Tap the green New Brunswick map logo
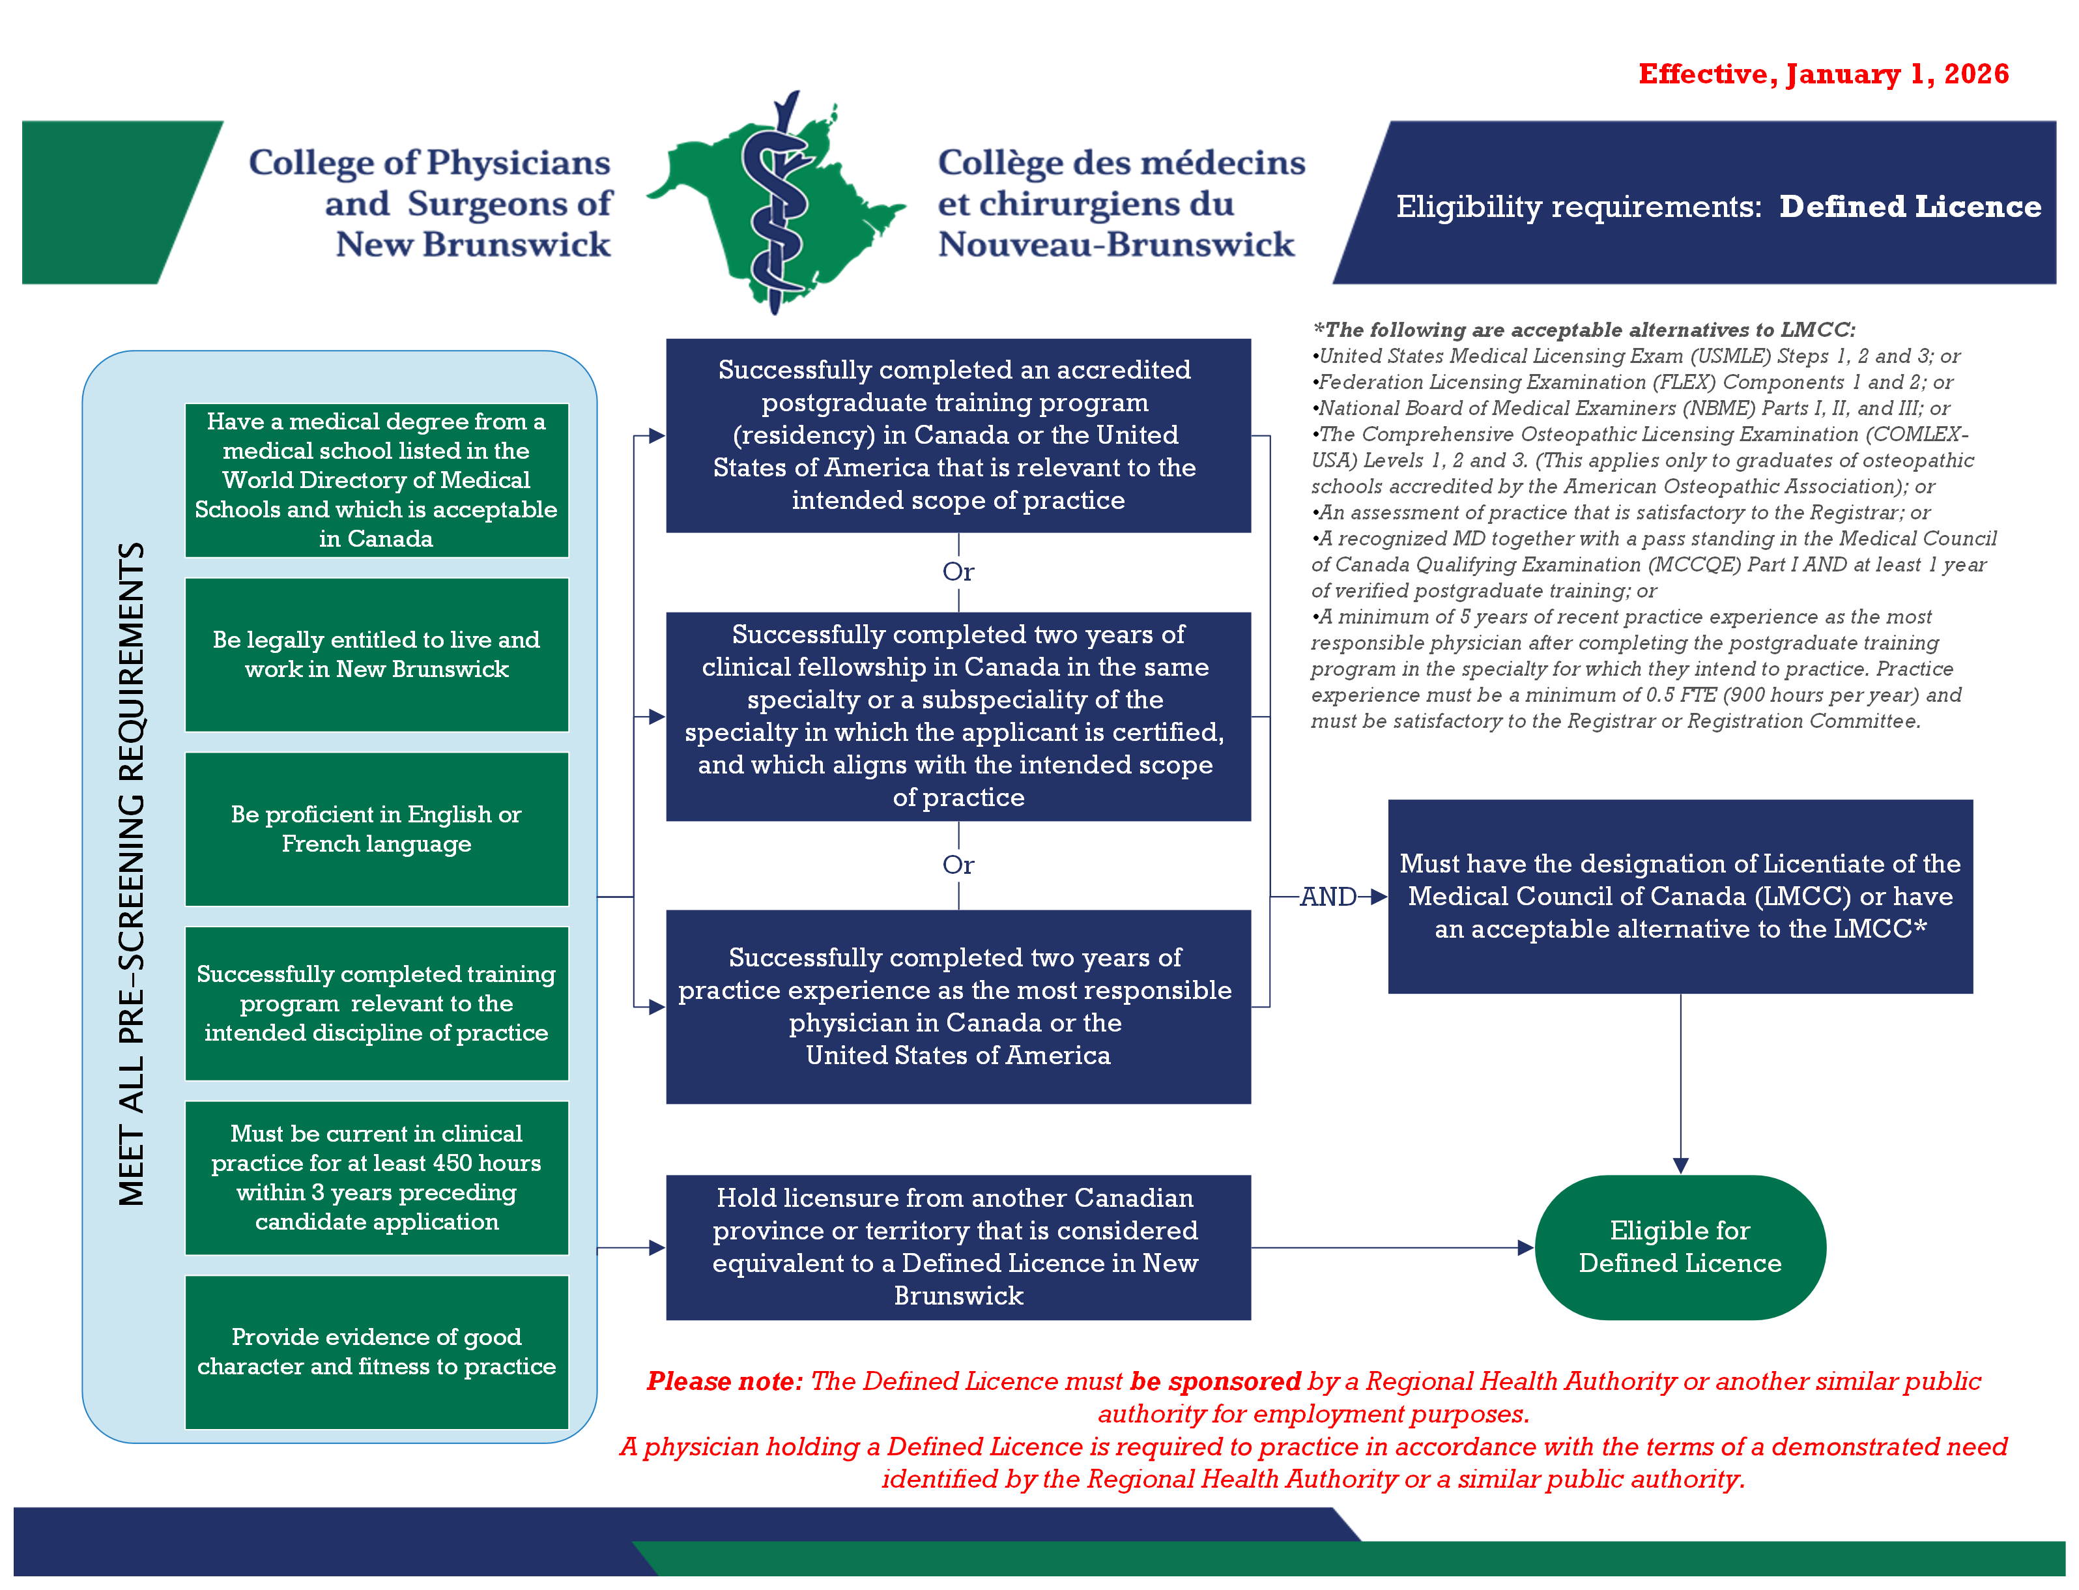(x=776, y=203)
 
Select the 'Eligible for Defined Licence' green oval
(x=1680, y=1247)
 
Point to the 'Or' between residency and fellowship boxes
(x=958, y=571)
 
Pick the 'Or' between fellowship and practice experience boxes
(x=958, y=864)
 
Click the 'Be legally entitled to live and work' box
(x=377, y=654)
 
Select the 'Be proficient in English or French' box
(x=377, y=828)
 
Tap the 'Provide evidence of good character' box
(x=377, y=1351)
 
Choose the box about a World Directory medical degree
(x=377, y=480)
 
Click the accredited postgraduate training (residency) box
(x=958, y=435)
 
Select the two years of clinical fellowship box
(x=958, y=715)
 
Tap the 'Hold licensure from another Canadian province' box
(x=958, y=1247)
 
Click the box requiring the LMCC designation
(x=1680, y=895)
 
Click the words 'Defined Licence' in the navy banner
(x=1909, y=207)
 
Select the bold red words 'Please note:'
(x=724, y=1381)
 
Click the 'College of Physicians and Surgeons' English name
(x=431, y=203)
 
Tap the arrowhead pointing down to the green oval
(x=1680, y=1165)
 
